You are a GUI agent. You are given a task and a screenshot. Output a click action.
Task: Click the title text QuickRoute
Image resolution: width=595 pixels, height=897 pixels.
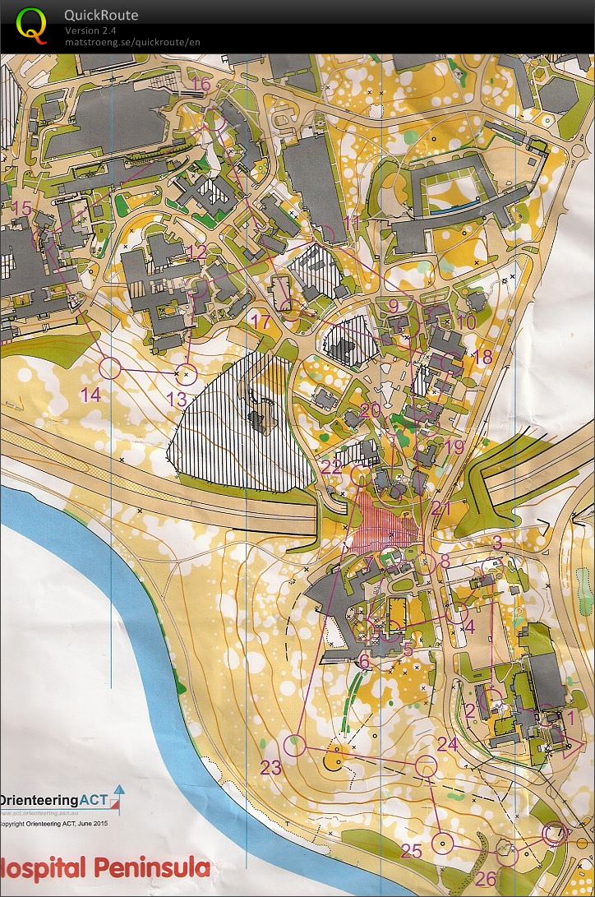click(x=101, y=16)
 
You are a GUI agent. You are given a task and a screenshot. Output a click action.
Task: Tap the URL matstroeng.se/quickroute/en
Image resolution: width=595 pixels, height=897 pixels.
click(x=132, y=42)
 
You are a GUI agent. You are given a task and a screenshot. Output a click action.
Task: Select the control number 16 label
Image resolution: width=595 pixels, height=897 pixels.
click(x=201, y=84)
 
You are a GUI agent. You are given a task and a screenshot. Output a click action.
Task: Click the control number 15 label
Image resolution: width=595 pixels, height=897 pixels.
click(x=21, y=208)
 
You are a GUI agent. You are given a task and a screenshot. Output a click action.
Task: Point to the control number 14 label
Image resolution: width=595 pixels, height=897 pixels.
click(x=90, y=395)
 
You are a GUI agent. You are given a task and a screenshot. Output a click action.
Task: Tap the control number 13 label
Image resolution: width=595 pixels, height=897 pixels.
click(x=177, y=400)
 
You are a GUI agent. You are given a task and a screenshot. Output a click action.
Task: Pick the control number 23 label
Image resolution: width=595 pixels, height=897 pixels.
click(x=270, y=768)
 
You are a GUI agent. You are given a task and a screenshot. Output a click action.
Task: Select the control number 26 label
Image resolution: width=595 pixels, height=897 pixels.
click(x=486, y=878)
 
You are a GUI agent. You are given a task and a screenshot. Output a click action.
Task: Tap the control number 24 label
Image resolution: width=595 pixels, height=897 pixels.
click(x=447, y=744)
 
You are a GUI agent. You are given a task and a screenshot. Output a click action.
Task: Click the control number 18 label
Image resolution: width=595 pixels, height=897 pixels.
click(x=482, y=357)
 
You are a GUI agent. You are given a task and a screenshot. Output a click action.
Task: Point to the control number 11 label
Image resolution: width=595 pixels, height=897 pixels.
click(x=352, y=223)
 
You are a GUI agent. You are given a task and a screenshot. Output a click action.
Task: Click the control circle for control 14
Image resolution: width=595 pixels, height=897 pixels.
click(x=110, y=368)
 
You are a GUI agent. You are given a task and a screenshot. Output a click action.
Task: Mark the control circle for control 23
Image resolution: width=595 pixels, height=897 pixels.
click(x=294, y=745)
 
